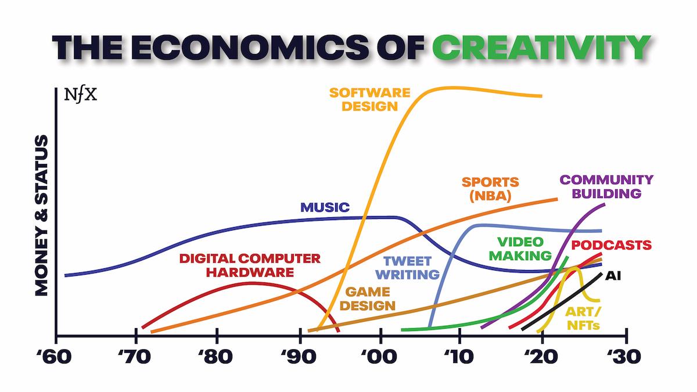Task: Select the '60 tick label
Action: pos(56,355)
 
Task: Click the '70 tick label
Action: pos(136,355)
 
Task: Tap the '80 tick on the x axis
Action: pos(217,355)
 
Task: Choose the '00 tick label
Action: pos(381,355)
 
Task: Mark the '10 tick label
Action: pos(460,355)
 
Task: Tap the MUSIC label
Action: pos(325,207)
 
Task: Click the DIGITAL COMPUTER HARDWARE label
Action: pos(250,264)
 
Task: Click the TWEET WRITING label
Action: pos(411,267)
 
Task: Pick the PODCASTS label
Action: pos(611,245)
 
